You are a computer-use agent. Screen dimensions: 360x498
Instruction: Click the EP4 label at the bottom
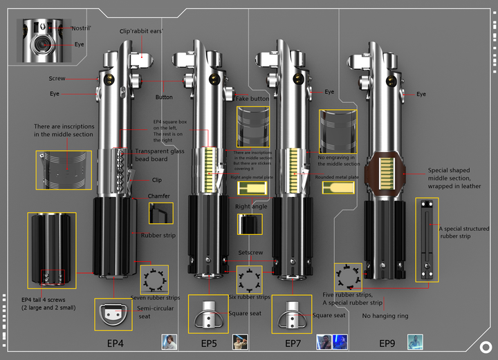[x=115, y=343]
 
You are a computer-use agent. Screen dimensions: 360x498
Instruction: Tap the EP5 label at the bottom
[x=210, y=343]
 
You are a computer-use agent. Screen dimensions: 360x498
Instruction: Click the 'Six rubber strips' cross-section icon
[x=250, y=279]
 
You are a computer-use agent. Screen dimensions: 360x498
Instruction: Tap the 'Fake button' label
[x=252, y=99]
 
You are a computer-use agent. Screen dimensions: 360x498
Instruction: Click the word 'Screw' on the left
[x=57, y=79]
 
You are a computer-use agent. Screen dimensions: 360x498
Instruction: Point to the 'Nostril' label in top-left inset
[x=81, y=28]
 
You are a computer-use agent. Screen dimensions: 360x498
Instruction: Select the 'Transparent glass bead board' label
[x=160, y=155]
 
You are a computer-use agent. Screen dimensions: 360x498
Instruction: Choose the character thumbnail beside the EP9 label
[x=415, y=342]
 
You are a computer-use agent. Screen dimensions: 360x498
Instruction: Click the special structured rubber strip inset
[x=426, y=240]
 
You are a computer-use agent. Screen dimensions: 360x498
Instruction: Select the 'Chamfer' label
[x=158, y=196]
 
